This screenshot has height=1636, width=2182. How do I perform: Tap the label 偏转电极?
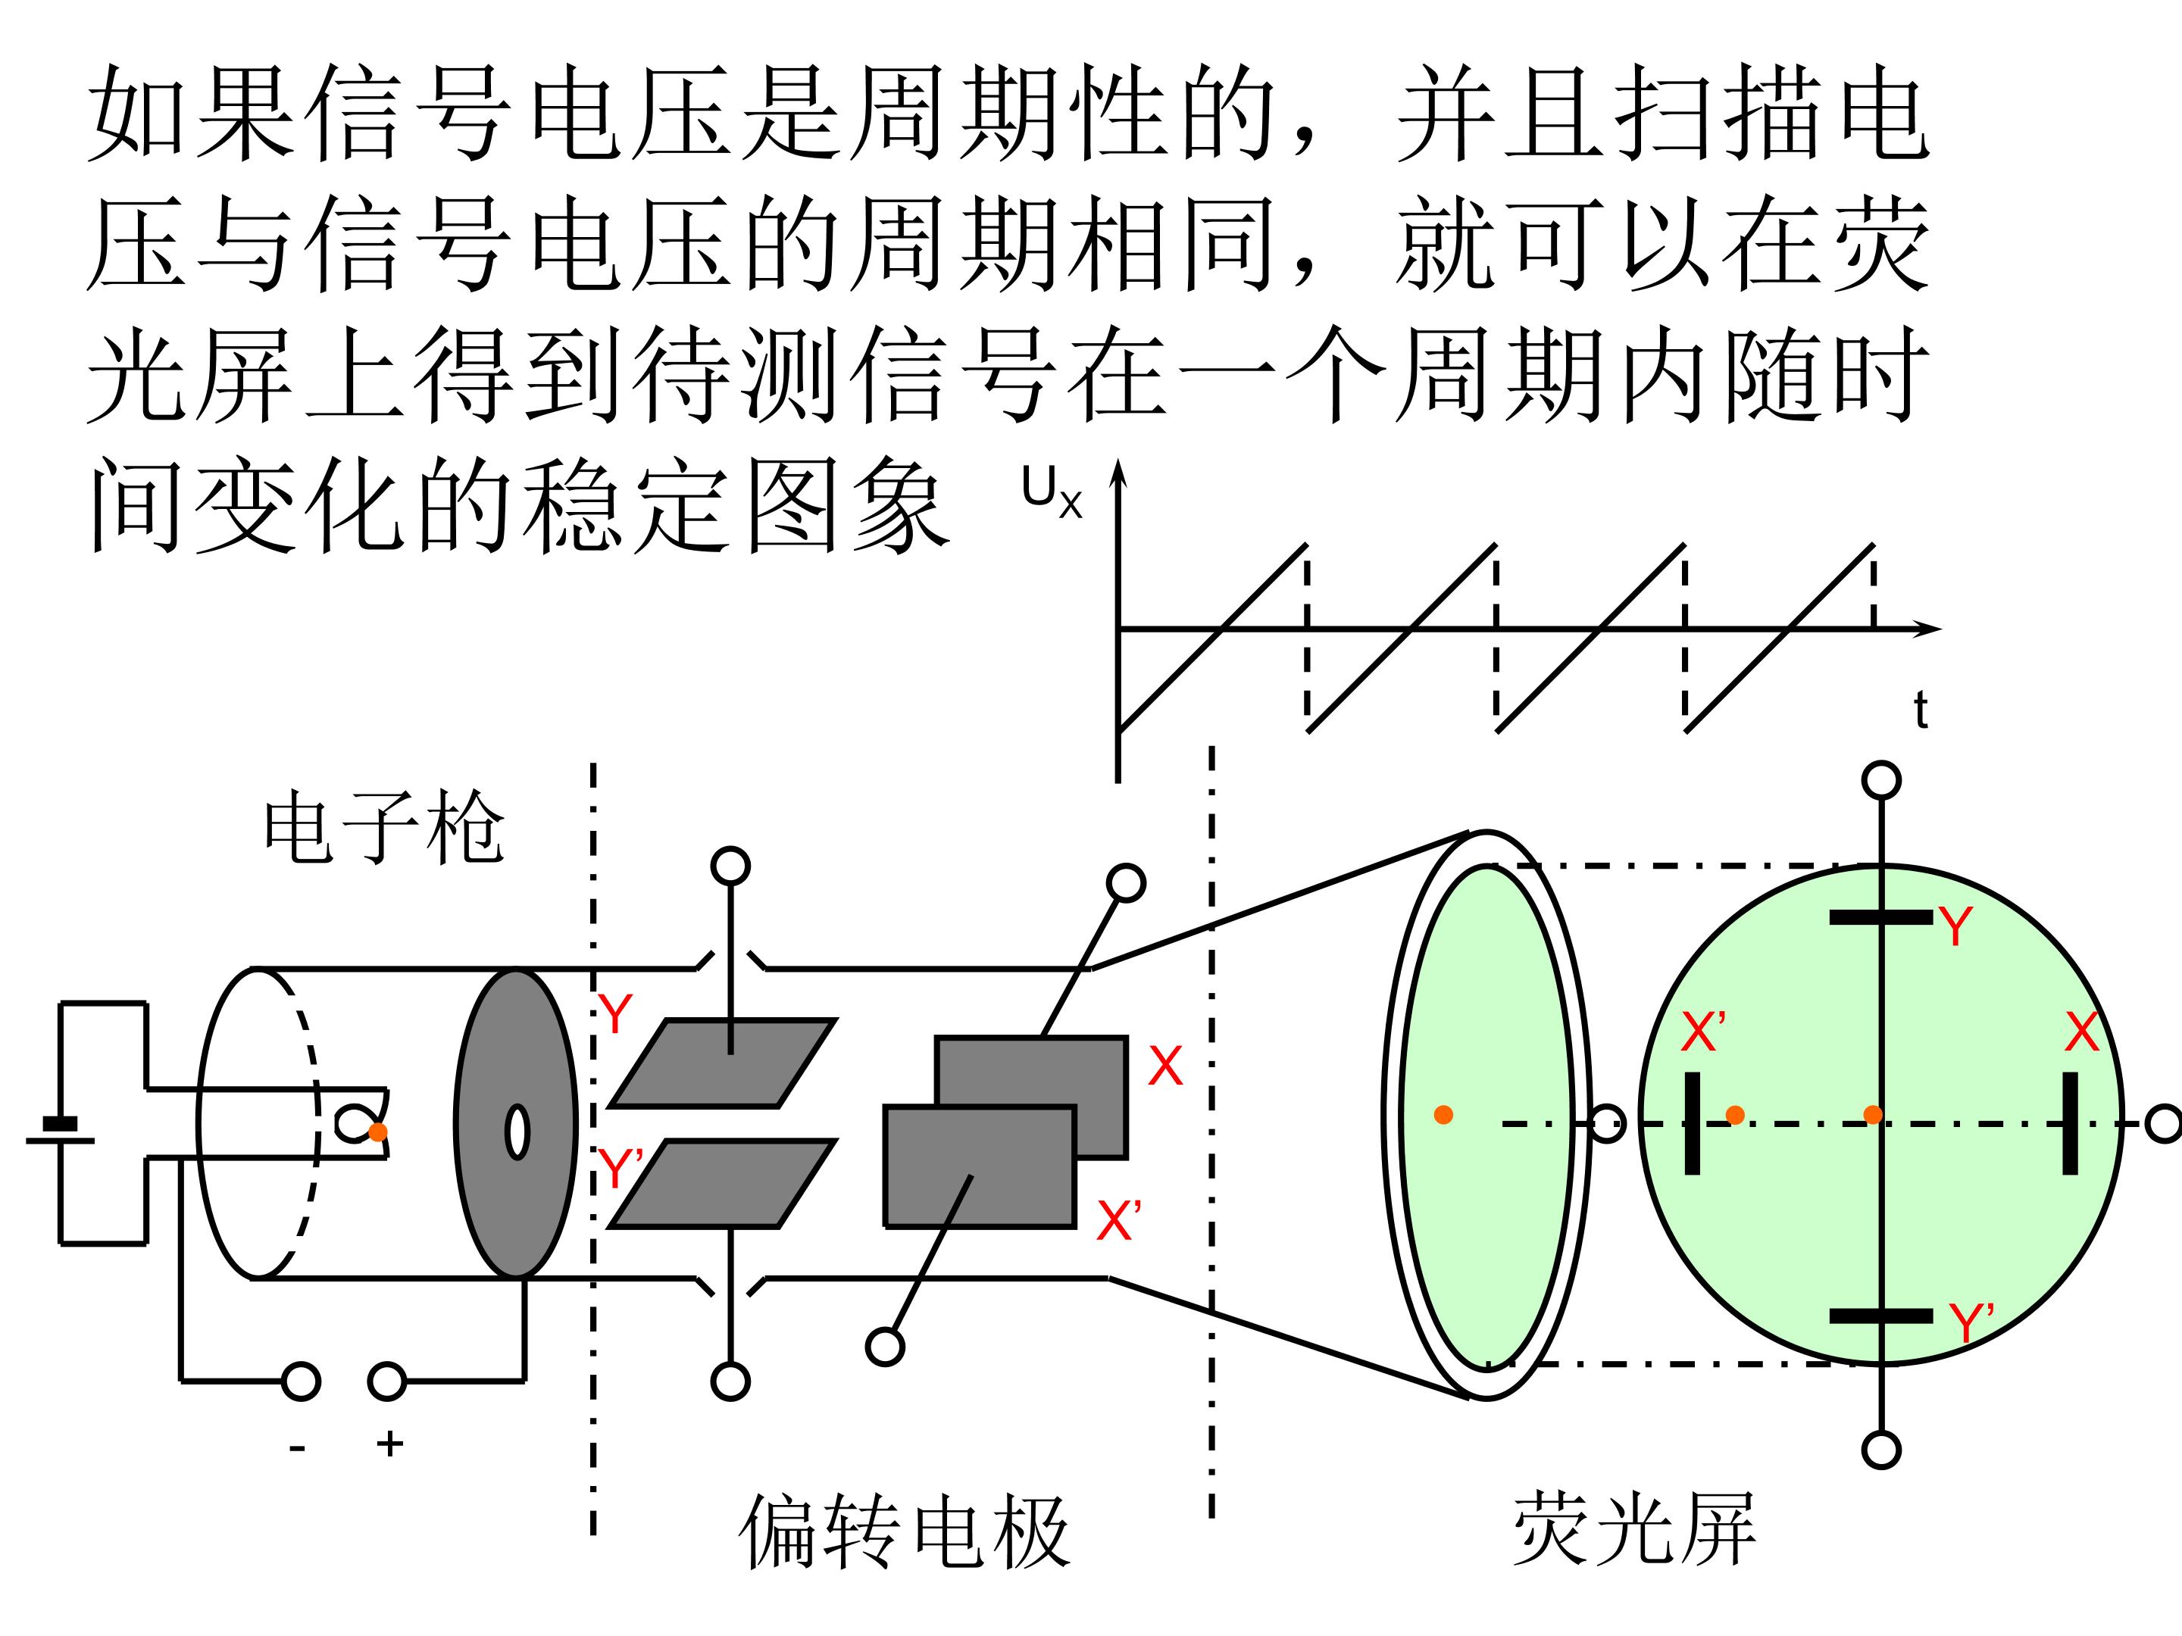point(905,1531)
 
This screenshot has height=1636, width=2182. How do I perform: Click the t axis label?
point(1920,710)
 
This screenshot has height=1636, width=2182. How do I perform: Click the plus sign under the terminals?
point(389,1444)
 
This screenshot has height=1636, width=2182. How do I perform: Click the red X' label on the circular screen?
point(1704,1032)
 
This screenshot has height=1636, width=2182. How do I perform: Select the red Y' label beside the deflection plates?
point(621,1169)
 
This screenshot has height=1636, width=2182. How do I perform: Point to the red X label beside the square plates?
point(1165,1066)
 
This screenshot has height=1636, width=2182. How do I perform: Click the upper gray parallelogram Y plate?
point(723,1063)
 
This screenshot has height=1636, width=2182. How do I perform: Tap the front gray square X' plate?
point(980,1166)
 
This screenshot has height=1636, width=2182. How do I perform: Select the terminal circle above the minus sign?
point(301,1382)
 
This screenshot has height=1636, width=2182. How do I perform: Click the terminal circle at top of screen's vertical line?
point(1881,780)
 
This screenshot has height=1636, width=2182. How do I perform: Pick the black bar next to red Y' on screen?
point(1881,1316)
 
